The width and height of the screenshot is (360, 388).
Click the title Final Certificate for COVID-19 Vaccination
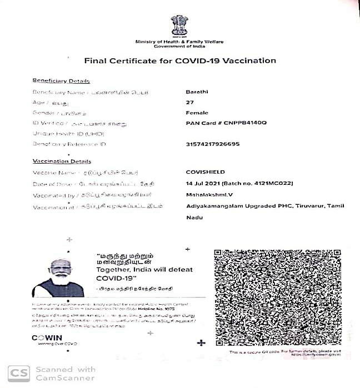click(x=179, y=61)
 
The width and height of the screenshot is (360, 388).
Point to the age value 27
click(x=191, y=102)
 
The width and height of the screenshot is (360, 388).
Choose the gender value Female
click(x=197, y=112)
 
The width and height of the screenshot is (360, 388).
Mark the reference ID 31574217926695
click(x=213, y=144)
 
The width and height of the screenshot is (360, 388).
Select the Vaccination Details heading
click(x=62, y=162)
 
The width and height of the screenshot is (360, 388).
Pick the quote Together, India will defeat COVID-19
click(x=144, y=273)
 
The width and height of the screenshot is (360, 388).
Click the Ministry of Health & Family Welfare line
click(x=179, y=42)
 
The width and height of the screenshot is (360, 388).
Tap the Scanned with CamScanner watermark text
click(x=66, y=373)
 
